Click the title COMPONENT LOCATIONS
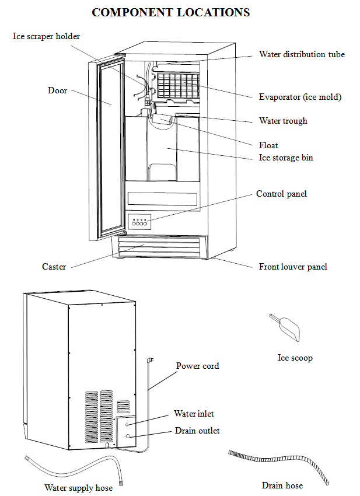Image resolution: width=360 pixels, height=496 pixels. pos(171,12)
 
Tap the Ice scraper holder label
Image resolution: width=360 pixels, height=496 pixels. pos(47,36)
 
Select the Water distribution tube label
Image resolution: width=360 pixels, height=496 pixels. pos(302,54)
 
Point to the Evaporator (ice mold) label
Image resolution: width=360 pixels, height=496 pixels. pos(300,97)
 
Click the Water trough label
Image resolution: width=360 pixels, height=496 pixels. pos(283,121)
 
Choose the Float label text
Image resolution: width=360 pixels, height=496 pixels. pos(268,145)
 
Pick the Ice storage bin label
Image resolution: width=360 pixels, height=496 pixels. pos(286,158)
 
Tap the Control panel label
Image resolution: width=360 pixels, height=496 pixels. pos(281,194)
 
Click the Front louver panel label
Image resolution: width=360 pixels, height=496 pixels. pos(293,267)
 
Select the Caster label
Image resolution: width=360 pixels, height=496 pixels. pos(54,267)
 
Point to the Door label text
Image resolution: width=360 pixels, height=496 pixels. pos(57,90)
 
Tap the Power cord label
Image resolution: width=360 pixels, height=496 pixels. pos(197,366)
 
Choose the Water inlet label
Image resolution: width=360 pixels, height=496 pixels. pos(194,414)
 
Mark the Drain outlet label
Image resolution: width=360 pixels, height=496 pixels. pos(197,431)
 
